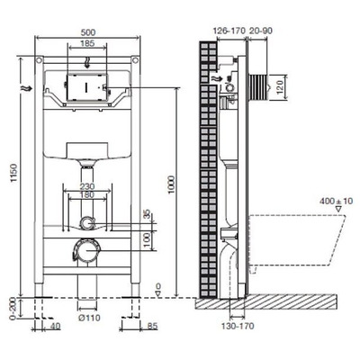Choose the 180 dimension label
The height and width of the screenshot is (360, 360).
87,194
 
